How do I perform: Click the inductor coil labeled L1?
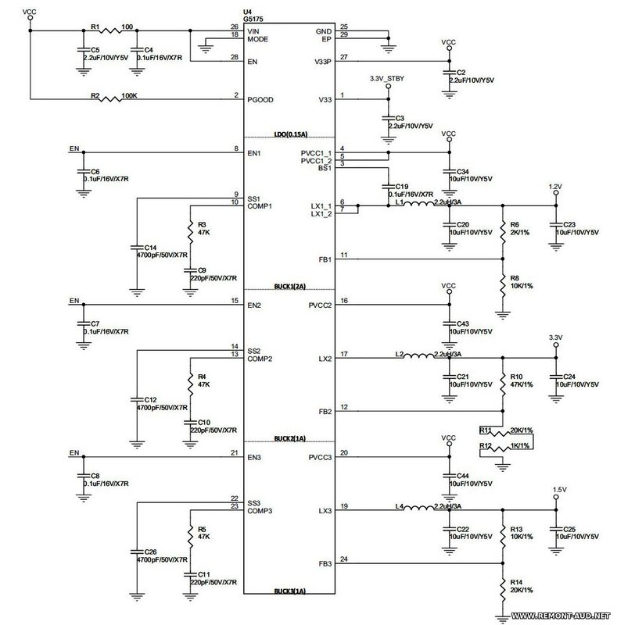[x=418, y=206]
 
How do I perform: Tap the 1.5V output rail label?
[x=559, y=490]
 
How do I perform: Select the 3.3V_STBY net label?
[x=386, y=79]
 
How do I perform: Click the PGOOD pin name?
[x=260, y=100]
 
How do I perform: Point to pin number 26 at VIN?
[x=235, y=27]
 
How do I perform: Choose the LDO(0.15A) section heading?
[x=290, y=135]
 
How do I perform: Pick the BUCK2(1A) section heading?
[x=290, y=440]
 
